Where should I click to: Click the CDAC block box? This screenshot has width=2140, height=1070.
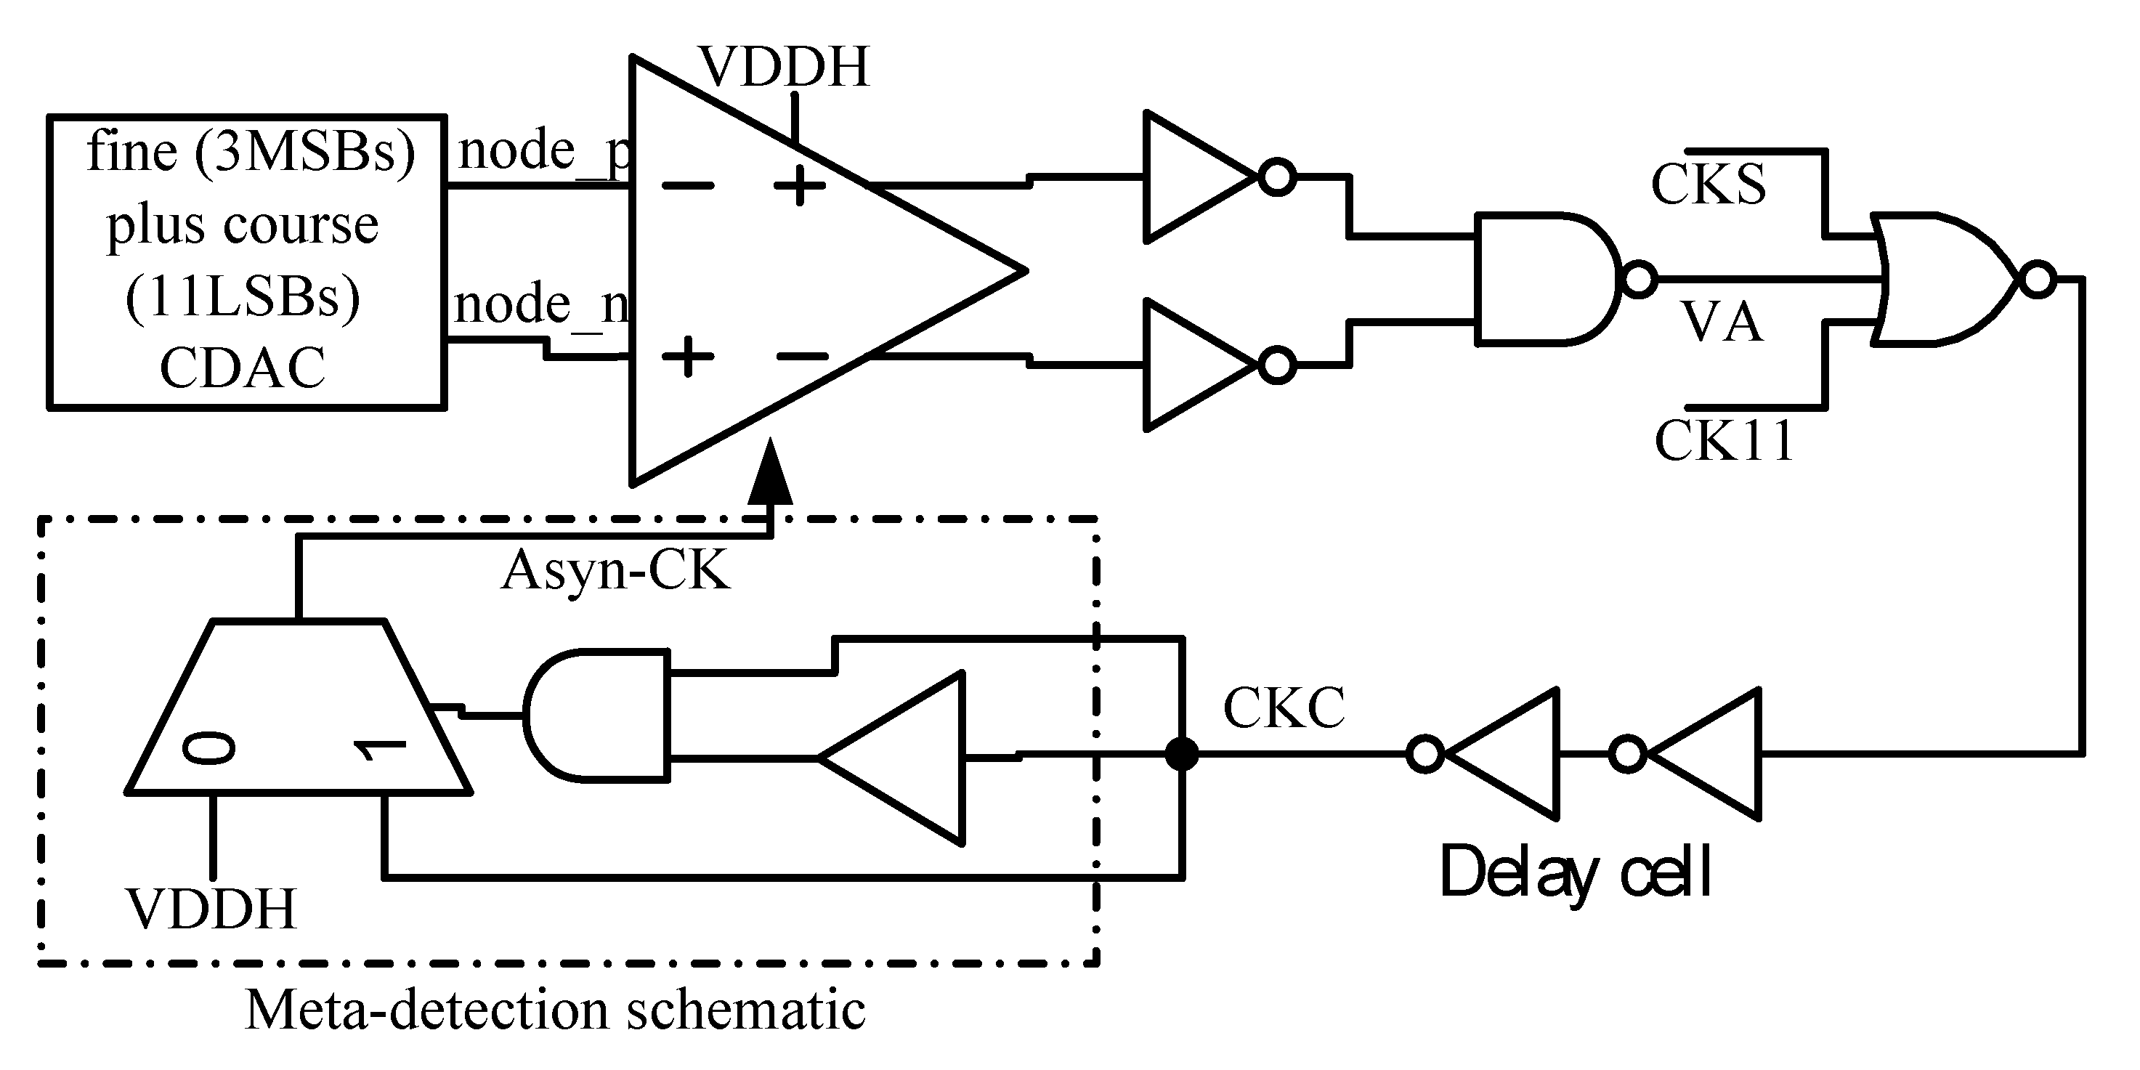[247, 261]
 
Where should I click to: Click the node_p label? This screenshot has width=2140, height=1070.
[545, 151]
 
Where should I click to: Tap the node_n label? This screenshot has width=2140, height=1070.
[542, 304]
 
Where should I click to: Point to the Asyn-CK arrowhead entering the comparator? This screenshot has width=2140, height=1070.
[770, 474]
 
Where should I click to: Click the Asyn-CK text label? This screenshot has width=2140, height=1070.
[615, 571]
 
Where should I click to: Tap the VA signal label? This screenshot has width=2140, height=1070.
[1722, 323]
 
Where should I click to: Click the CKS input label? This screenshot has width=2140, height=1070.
[1708, 185]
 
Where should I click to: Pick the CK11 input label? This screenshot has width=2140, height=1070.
[1724, 440]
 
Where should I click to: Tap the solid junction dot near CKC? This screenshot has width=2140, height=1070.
[1181, 754]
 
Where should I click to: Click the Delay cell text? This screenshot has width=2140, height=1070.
[1575, 872]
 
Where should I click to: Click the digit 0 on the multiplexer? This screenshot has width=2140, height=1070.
[209, 747]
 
